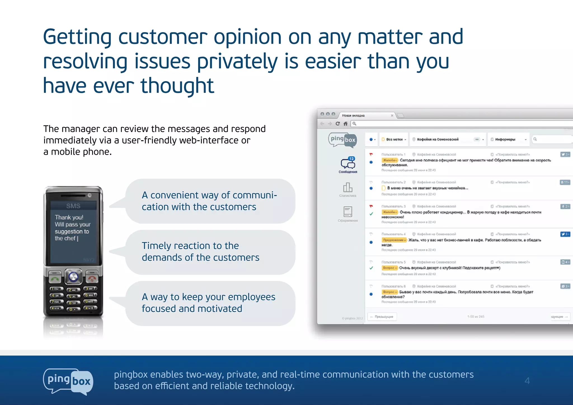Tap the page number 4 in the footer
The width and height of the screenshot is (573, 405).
click(527, 381)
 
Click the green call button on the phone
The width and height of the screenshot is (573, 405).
click(55, 278)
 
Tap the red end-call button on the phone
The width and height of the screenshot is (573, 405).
click(92, 278)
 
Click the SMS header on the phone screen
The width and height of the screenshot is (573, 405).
click(73, 206)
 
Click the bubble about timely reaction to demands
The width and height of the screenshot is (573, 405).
click(210, 252)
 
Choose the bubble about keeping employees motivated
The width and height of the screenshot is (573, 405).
click(210, 303)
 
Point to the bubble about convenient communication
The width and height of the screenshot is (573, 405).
click(210, 201)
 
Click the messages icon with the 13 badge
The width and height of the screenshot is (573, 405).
click(348, 163)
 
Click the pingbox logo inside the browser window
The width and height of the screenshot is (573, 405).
click(343, 139)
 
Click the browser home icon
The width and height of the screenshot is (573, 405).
click(346, 124)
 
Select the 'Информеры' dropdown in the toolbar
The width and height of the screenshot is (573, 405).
click(508, 139)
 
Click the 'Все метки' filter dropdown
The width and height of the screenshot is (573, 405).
click(394, 139)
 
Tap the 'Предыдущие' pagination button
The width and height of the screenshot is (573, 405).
click(382, 317)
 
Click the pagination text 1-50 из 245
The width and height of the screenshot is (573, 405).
click(476, 317)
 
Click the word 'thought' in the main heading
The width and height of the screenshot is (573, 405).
click(177, 86)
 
